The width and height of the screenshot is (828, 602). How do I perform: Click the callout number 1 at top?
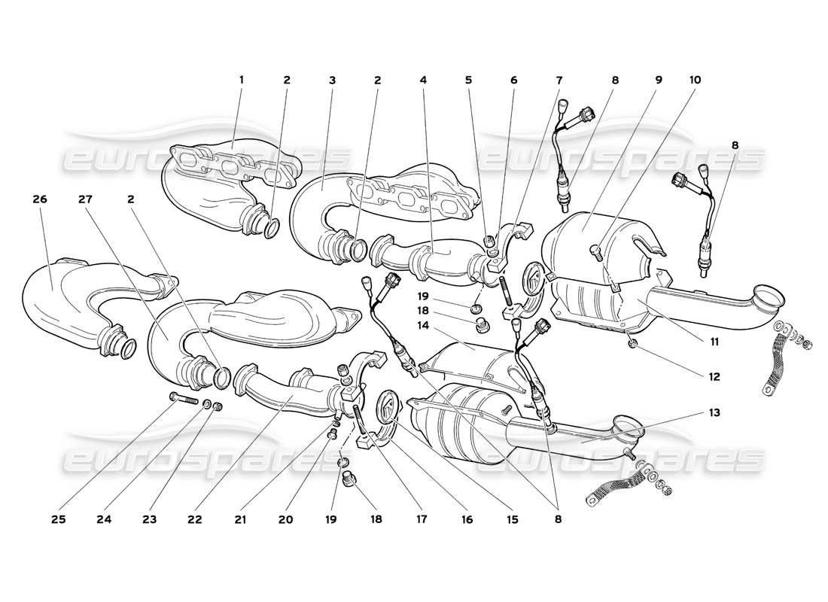click(242, 80)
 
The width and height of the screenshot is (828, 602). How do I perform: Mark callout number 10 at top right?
click(694, 80)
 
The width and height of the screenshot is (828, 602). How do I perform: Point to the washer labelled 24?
click(206, 405)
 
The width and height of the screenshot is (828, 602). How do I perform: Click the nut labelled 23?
click(218, 407)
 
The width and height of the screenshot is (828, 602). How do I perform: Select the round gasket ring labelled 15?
click(385, 407)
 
